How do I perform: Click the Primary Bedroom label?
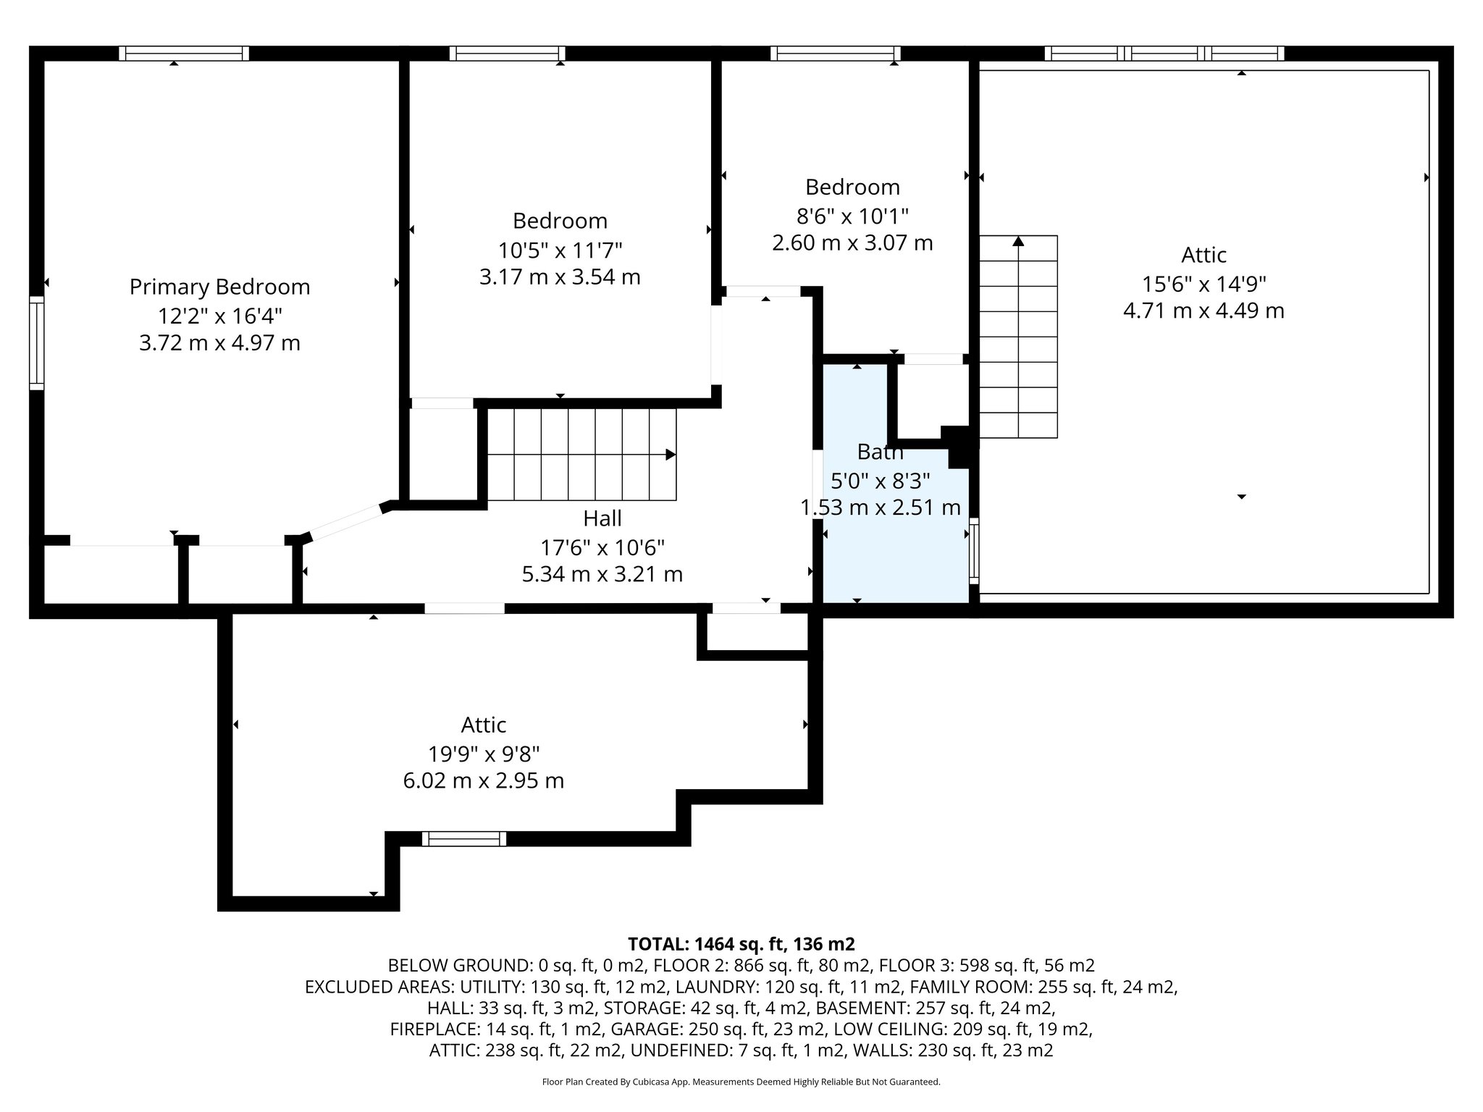219,287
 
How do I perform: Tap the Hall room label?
602,518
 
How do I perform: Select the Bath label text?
880,452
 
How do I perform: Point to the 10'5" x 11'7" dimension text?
560,250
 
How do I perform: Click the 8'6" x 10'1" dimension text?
852,216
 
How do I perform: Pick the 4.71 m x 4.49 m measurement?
1203,311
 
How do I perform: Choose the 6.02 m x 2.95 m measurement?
484,781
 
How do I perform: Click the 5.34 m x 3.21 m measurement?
602,575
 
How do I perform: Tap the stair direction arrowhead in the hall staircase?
671,455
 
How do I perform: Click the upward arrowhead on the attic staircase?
1018,241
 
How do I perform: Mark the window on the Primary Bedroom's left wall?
36,343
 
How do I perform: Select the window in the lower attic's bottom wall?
464,839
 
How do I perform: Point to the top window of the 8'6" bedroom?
836,53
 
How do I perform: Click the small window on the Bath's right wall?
974,551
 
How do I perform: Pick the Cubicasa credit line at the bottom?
741,1082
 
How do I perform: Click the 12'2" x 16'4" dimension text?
219,316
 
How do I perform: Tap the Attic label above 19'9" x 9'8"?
484,725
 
